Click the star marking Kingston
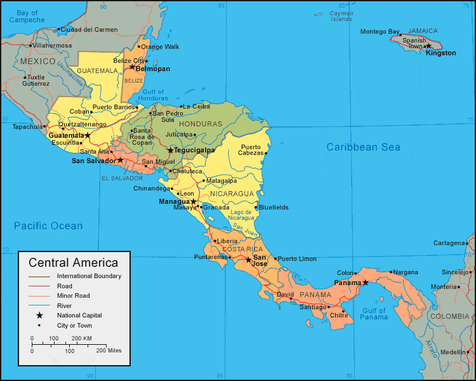[x=428, y=46]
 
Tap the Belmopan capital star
[x=132, y=67]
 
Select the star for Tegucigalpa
[x=170, y=150]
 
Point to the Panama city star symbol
[x=365, y=283]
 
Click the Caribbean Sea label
[x=363, y=147]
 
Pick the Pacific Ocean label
[x=48, y=225]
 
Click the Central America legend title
[x=73, y=262]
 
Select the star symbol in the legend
[x=39, y=315]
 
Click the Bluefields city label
[x=274, y=207]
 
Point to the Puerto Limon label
[x=297, y=259]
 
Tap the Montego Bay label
[x=380, y=32]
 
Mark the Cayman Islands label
[x=341, y=16]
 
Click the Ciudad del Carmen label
[x=89, y=29]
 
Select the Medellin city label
[x=453, y=352]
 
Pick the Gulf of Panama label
[x=374, y=314]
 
